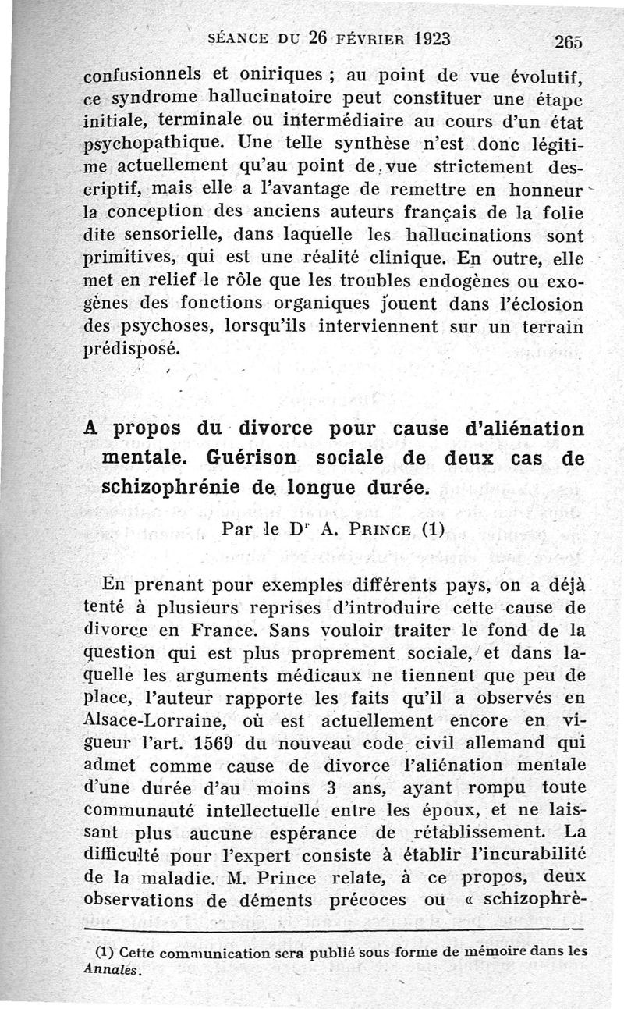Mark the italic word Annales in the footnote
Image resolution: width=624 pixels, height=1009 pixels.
coord(112,972)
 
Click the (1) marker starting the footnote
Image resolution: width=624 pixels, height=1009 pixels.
coord(105,952)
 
